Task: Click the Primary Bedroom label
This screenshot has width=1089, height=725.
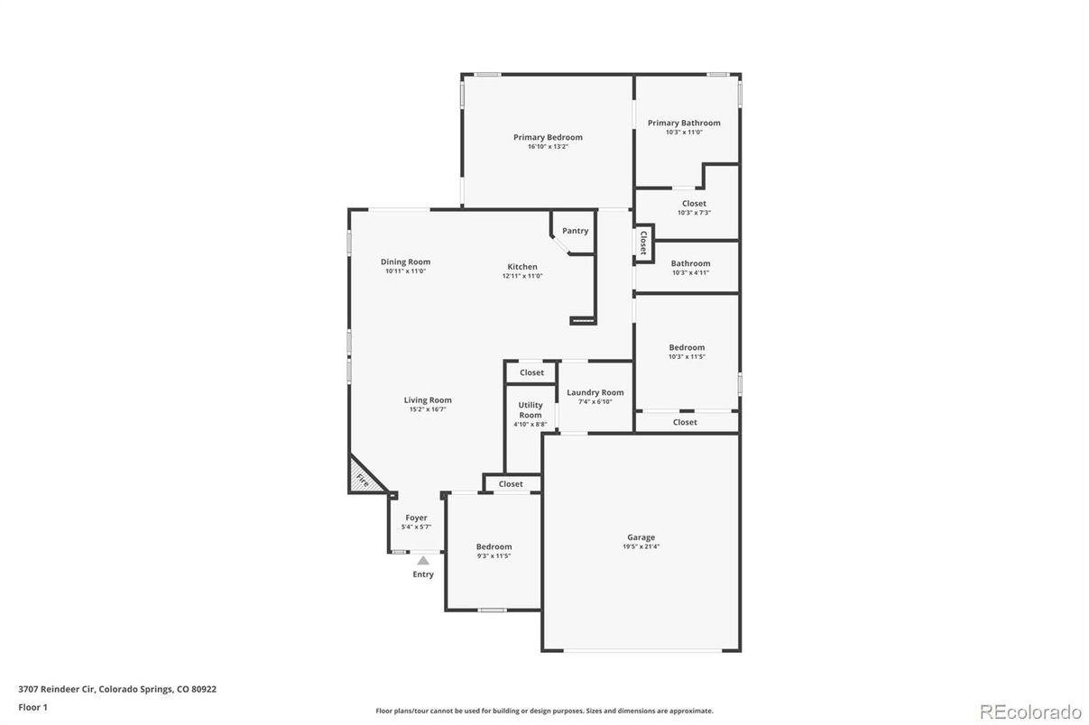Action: point(548,138)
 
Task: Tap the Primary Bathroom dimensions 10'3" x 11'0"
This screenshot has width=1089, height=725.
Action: point(684,133)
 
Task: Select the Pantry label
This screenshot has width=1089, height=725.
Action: point(575,231)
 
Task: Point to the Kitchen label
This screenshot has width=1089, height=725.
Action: point(522,267)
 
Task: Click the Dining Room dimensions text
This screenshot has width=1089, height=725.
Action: point(405,271)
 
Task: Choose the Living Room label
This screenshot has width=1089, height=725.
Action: point(428,400)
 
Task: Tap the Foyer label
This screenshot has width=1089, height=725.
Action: point(416,518)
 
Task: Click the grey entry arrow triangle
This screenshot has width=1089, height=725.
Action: point(423,560)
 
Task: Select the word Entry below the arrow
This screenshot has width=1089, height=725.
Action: point(423,574)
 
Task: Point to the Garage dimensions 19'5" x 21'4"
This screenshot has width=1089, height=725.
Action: point(641,546)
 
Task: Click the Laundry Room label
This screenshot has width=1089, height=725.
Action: point(595,392)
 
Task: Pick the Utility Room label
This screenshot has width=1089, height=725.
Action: point(531,410)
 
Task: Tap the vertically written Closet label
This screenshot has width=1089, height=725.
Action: point(643,243)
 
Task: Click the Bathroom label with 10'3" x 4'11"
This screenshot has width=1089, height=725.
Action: point(690,264)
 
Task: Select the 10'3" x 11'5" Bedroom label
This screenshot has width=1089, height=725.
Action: point(687,348)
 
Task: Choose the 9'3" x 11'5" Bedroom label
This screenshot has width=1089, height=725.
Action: point(494,547)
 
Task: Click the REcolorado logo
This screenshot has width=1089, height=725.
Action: point(1030,712)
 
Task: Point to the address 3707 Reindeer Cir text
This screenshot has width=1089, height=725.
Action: point(59,689)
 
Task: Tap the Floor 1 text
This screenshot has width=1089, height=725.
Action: point(33,708)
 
